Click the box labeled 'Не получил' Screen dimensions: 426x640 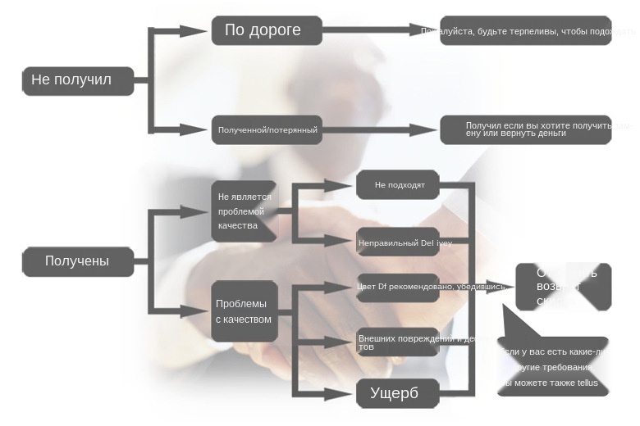pos(78,80)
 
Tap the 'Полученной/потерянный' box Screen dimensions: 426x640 pos(267,129)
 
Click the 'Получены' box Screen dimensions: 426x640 pos(78,261)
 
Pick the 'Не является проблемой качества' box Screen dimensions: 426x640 pos(244,211)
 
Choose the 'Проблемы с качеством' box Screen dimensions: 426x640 pos(244,311)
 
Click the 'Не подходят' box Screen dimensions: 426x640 pos(398,185)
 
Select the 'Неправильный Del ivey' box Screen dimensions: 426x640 pos(398,242)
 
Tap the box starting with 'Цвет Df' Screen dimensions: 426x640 pos(398,287)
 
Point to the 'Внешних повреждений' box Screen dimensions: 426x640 pos(398,342)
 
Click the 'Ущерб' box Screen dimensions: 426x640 pos(398,393)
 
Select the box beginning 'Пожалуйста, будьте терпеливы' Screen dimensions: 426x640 pos(525,31)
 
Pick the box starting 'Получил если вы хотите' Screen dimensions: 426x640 pos(525,129)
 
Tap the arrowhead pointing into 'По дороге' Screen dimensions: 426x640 pos(194,31)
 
